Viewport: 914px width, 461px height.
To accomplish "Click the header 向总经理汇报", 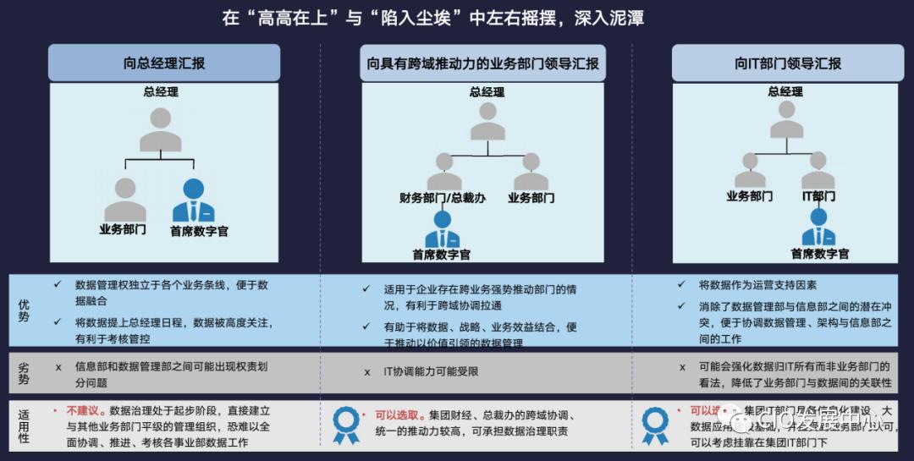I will [163, 63].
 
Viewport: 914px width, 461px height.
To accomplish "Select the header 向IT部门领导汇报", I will [787, 63].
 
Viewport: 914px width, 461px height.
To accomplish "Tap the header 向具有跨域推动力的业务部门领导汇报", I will [483, 63].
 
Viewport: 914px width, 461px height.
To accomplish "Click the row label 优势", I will [24, 310].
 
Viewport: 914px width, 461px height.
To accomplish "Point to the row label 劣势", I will [24, 373].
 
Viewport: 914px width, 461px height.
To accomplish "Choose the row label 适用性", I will [24, 425].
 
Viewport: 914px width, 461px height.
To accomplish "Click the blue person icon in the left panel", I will [194, 201].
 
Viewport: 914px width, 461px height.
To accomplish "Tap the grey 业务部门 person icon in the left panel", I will [124, 200].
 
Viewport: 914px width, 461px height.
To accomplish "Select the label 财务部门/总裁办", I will [443, 198].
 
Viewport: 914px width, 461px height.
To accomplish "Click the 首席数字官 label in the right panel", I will [819, 254].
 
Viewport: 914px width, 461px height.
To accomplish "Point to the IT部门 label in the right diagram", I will [818, 196].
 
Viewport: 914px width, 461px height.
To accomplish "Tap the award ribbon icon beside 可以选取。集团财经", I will [346, 425].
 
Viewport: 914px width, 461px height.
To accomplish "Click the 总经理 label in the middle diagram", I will [487, 92].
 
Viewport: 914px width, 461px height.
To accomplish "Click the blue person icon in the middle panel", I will [442, 229].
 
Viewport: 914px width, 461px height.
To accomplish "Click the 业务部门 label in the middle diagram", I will [531, 198].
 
